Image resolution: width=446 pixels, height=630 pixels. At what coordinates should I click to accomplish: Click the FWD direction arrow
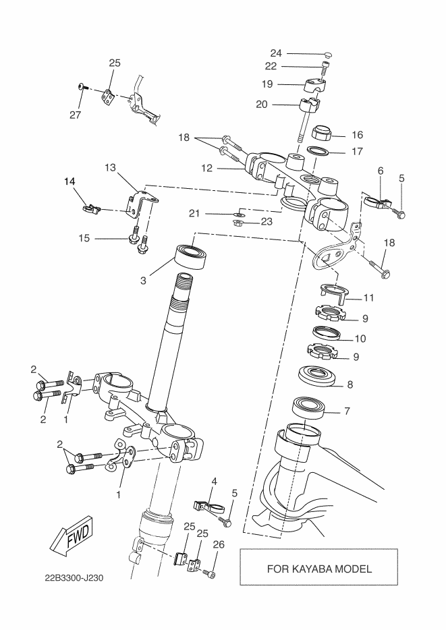pyautogui.click(x=72, y=536)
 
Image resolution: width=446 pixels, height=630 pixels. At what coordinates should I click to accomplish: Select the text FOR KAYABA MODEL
pyautogui.click(x=319, y=569)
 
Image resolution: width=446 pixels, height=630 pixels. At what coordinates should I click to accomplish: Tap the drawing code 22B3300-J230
pyautogui.click(x=74, y=578)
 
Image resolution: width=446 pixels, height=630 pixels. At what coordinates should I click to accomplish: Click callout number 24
pyautogui.click(x=276, y=53)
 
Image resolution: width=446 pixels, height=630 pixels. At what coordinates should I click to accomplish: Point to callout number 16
pyautogui.click(x=357, y=135)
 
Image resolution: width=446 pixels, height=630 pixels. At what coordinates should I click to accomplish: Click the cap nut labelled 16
pyautogui.click(x=323, y=132)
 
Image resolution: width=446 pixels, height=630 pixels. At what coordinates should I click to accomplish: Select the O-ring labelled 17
pyautogui.click(x=317, y=152)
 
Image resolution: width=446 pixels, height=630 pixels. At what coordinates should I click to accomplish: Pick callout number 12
pyautogui.click(x=206, y=168)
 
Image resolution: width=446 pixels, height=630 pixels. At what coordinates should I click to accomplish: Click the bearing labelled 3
pyautogui.click(x=191, y=257)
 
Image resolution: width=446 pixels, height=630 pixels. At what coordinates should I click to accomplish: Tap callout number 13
pyautogui.click(x=110, y=167)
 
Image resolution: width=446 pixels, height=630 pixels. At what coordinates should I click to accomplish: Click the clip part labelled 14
pyautogui.click(x=91, y=208)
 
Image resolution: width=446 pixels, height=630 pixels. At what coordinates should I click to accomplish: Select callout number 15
pyautogui.click(x=84, y=238)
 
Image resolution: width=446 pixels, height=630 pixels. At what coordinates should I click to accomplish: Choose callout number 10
pyautogui.click(x=360, y=339)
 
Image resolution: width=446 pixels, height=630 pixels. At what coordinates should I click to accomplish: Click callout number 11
pyautogui.click(x=368, y=297)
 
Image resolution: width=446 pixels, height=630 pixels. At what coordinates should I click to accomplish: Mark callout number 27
pyautogui.click(x=75, y=115)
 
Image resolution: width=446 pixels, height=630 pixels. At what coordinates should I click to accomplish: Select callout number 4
pyautogui.click(x=214, y=481)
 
